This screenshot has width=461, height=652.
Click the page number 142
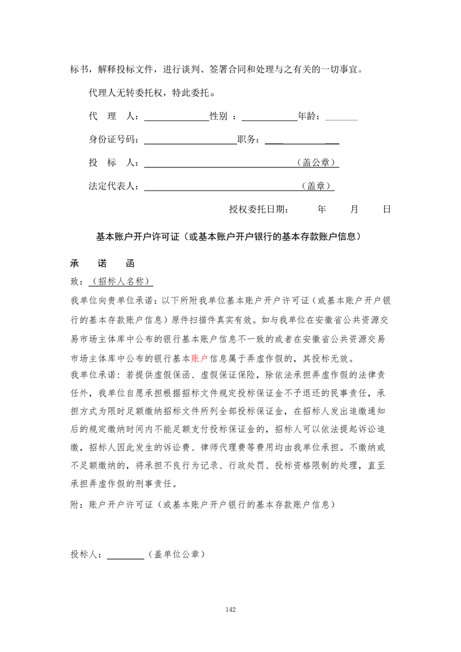230,610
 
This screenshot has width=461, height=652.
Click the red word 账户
199,358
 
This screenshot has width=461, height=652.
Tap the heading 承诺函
102,263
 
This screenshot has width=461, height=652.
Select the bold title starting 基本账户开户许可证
230,237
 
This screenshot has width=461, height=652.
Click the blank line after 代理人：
176,118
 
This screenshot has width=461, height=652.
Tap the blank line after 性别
269,118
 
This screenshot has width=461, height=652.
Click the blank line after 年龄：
341,118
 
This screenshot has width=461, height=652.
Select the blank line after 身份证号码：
190,141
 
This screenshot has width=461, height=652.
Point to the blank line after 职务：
302,141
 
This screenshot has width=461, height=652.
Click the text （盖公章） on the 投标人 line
317,163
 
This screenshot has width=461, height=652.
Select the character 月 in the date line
354,209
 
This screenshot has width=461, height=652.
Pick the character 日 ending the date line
387,209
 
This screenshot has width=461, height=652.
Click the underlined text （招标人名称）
121,281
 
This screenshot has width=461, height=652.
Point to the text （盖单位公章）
177,554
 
